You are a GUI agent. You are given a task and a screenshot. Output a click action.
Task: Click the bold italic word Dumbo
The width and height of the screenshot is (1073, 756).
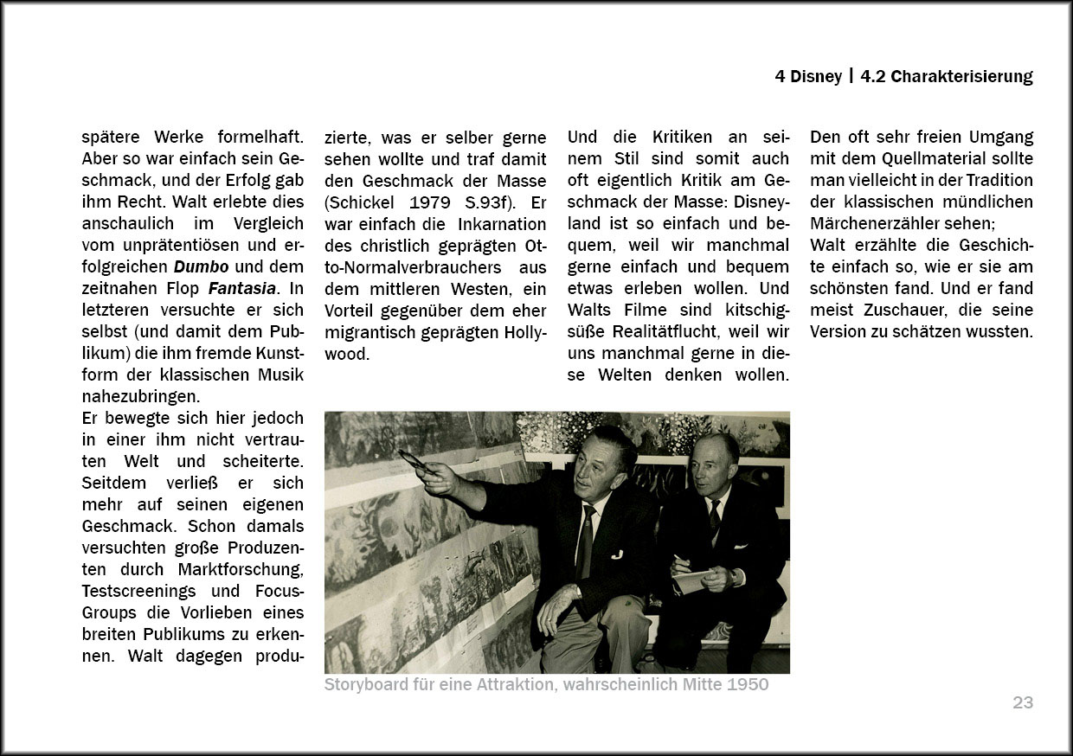[x=196, y=266]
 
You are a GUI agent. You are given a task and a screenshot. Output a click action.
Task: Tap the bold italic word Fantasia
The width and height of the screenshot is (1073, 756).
[x=241, y=288]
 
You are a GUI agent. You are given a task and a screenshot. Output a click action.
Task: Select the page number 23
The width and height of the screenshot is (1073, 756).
[x=1023, y=702]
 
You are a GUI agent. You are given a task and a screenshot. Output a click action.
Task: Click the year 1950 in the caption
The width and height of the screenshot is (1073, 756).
[x=747, y=685]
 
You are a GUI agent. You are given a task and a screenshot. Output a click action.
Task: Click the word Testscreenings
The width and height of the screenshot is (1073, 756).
[x=137, y=591]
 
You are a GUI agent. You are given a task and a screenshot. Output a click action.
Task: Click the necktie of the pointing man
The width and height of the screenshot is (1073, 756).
[x=586, y=540]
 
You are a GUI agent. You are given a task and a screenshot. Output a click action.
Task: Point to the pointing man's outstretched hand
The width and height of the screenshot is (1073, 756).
[x=438, y=475]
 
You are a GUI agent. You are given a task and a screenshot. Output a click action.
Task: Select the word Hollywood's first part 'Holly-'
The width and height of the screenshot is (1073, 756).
[x=517, y=331]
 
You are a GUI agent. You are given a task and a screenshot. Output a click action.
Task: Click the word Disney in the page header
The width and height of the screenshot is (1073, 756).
[x=817, y=76]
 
